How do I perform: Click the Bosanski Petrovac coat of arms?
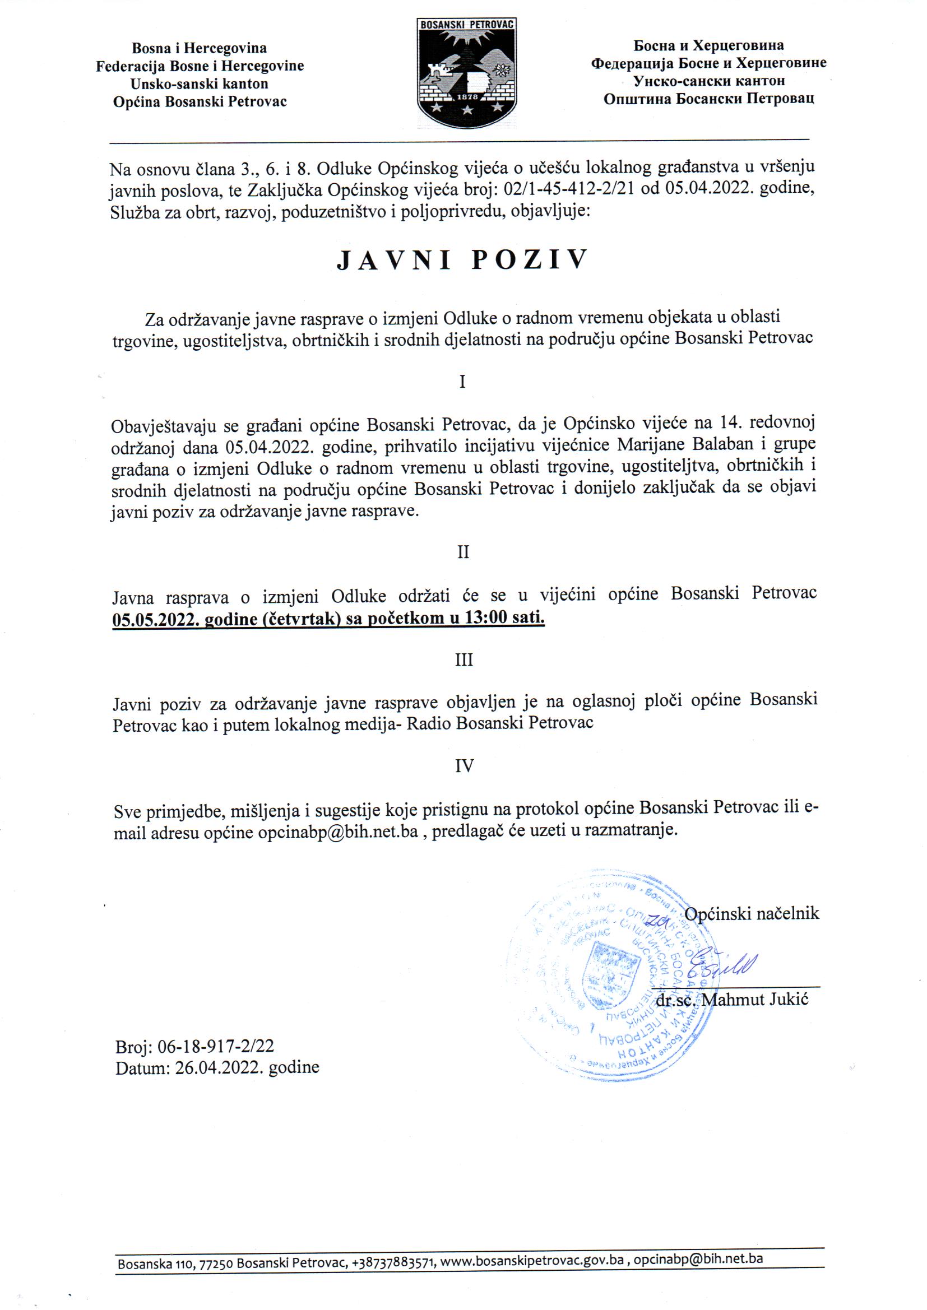tap(467, 72)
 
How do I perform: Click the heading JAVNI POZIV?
tap(462, 259)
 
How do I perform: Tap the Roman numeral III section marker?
tap(463, 660)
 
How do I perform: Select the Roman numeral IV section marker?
tap(464, 766)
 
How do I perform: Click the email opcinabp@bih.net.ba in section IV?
tap(338, 833)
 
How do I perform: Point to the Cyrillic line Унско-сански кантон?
tap(709, 81)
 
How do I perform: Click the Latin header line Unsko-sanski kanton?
tap(199, 84)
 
